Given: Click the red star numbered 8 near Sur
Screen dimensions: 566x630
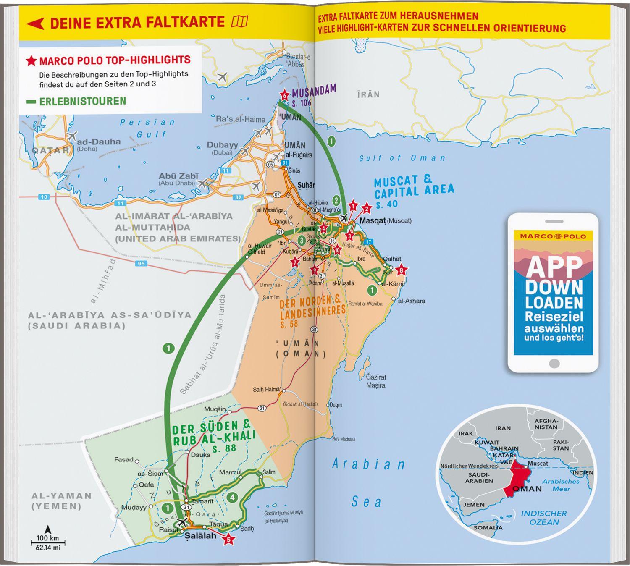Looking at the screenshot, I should click(402, 270).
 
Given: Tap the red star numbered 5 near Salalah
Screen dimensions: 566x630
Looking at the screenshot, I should click(228, 539).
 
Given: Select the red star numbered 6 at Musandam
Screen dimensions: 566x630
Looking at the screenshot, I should click(285, 95).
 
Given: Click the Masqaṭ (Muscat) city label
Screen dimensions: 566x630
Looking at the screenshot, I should click(385, 220).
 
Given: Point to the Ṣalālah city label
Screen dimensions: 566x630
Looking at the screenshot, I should click(200, 536).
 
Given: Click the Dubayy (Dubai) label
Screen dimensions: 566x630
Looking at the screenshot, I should click(222, 148).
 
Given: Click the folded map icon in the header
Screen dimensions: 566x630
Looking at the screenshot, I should click(239, 21).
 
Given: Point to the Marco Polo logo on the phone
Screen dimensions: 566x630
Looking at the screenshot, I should click(553, 236).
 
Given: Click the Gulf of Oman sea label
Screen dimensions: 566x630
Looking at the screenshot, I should click(402, 158).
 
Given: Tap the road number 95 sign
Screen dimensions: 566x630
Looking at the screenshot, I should click(141, 264).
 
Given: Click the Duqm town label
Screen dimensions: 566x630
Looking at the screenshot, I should click(336, 405).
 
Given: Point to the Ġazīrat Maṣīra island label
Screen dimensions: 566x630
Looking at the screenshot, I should click(375, 381).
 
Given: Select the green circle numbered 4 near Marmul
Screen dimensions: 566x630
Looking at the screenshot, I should click(232, 498).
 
